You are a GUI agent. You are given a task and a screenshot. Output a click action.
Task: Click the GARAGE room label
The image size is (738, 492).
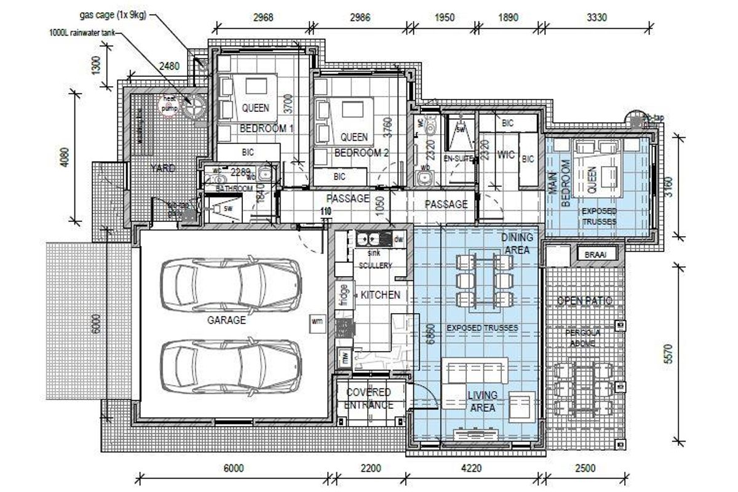(226, 320)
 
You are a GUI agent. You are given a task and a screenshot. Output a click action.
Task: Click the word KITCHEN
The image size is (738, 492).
(381, 295)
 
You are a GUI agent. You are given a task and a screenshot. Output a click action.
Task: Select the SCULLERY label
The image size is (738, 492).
(375, 265)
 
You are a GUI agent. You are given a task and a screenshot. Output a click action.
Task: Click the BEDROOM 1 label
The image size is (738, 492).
(266, 129)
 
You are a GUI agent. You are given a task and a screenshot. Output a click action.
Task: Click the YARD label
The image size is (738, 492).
(162, 168)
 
